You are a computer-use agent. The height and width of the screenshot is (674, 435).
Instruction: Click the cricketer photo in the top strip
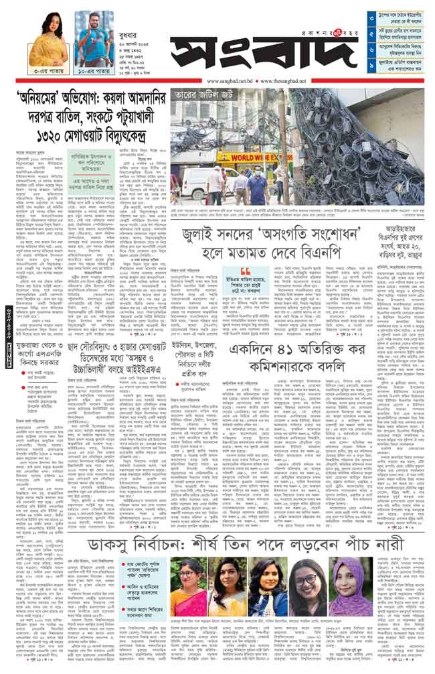pyautogui.click(x=90, y=38)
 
